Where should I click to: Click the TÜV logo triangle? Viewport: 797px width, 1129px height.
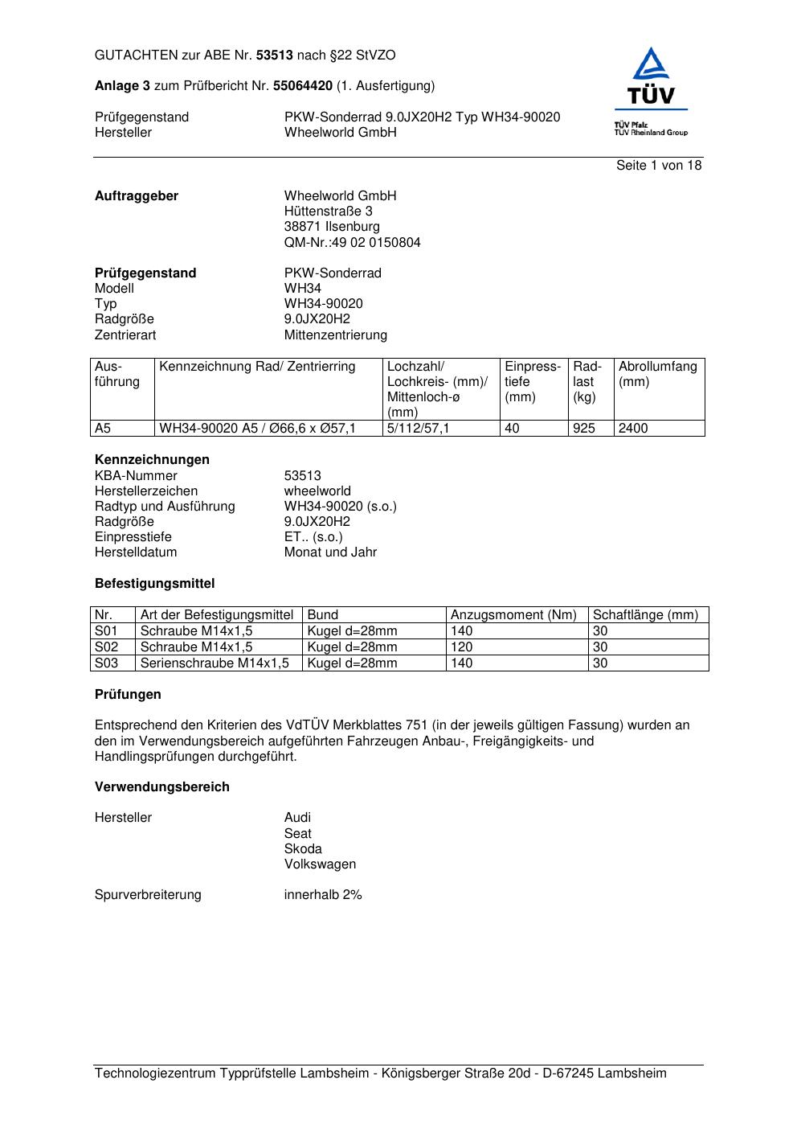[x=650, y=65]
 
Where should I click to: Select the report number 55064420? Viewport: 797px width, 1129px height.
[x=303, y=86]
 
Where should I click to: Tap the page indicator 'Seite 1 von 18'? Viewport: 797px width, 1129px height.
[x=659, y=166]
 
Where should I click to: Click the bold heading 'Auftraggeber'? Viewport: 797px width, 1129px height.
[x=137, y=196]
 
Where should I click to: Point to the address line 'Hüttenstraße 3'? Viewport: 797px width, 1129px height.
[x=328, y=211]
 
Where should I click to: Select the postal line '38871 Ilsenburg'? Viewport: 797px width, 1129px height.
[x=332, y=227]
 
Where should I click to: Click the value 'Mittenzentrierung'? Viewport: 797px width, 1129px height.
[x=335, y=335]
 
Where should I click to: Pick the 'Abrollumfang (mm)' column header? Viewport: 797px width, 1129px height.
[x=657, y=374]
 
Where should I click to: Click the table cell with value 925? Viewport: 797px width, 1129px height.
[x=584, y=429]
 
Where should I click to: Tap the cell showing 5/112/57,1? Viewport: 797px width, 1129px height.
[x=418, y=429]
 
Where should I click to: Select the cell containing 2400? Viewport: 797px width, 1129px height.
[x=633, y=429]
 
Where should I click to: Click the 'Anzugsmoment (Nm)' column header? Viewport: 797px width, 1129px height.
[x=513, y=615]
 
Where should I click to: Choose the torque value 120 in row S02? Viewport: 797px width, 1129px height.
[x=462, y=647]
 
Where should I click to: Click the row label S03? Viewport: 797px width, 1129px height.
[x=106, y=663]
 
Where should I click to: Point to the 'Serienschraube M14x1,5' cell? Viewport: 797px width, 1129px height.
[x=215, y=663]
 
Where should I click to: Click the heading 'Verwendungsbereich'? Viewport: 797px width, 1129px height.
[x=161, y=787]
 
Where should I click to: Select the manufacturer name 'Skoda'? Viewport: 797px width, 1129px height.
[x=303, y=849]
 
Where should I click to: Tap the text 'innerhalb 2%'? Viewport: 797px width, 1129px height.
[x=323, y=895]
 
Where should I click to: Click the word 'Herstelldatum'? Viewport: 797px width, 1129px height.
[x=136, y=552]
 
